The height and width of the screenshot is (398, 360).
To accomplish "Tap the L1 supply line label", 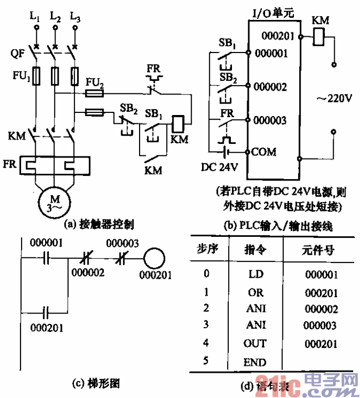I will coord(35,16).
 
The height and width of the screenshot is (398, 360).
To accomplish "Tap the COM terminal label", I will coord(263,152).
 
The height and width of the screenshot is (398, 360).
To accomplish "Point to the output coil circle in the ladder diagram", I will coord(155,258).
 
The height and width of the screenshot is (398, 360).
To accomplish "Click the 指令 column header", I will coord(255,250).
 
